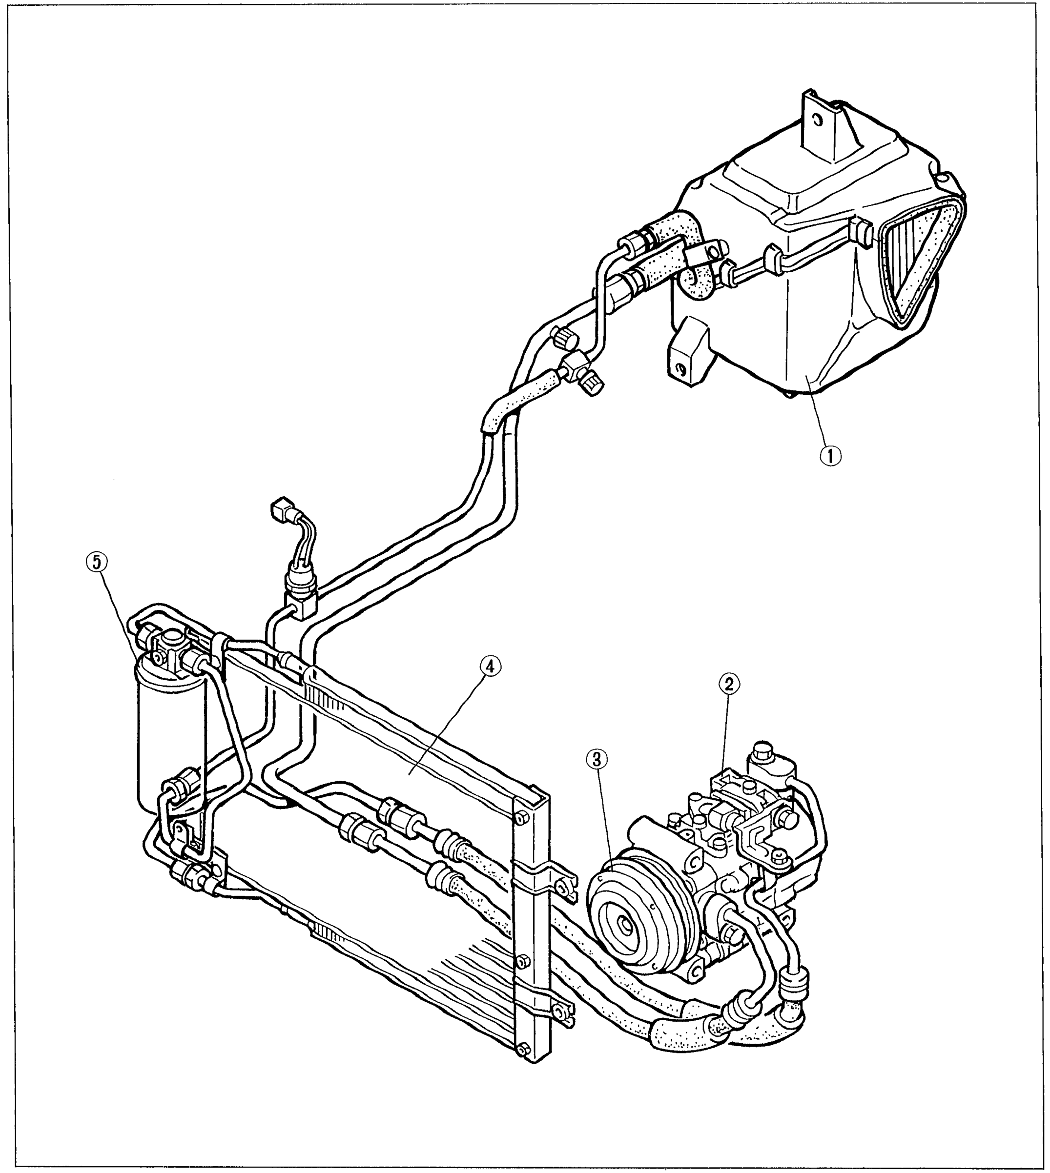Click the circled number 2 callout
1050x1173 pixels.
click(x=729, y=684)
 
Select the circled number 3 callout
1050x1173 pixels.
click(x=597, y=760)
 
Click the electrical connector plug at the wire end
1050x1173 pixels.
click(x=282, y=508)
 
